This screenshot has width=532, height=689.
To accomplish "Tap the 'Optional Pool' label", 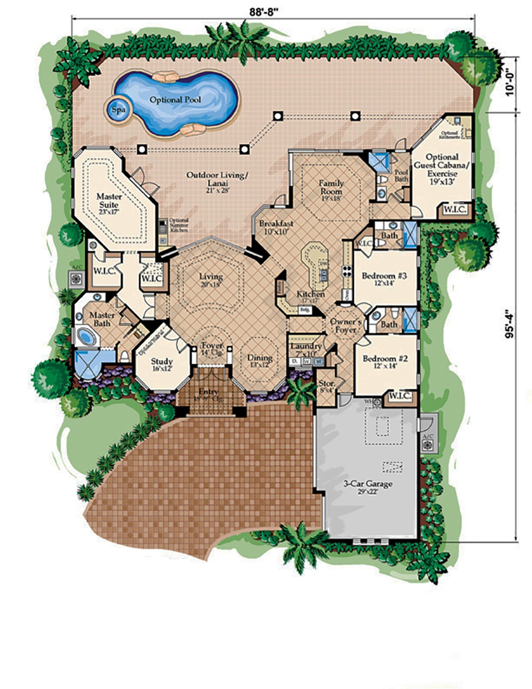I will pyautogui.click(x=175, y=100).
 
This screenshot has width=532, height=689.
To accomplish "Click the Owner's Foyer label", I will pyautogui.click(x=346, y=326).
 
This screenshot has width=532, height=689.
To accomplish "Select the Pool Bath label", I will pyautogui.click(x=401, y=176).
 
